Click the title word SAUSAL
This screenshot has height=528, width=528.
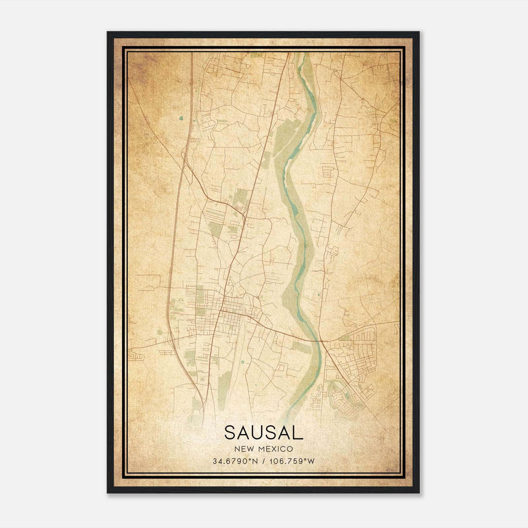coord(264,433)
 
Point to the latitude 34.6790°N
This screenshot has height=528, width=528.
coord(235,461)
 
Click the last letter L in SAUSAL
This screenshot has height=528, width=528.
coord(298,433)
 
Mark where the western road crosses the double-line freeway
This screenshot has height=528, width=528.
coord(172,340)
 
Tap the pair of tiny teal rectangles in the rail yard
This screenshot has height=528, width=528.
coord(243,362)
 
